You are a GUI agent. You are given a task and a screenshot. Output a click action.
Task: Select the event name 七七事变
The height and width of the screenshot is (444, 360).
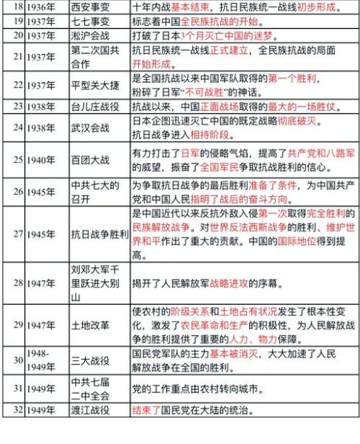click(88, 21)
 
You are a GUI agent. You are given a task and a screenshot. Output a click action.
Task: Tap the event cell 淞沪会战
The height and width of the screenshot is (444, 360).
click(88, 36)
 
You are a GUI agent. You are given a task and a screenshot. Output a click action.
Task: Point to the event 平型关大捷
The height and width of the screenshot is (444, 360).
click(92, 85)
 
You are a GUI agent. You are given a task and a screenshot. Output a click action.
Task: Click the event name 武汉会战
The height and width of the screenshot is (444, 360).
click(88, 127)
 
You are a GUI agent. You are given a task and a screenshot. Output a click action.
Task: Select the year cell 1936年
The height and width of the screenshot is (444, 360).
click(38, 7)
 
